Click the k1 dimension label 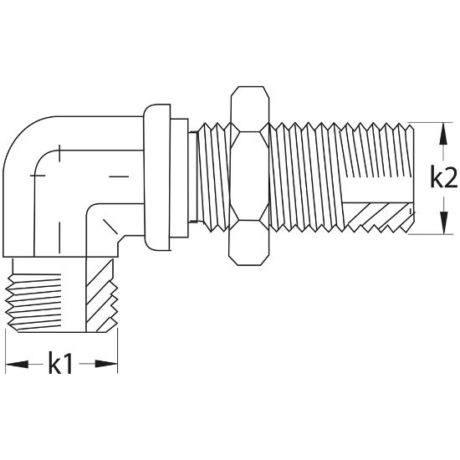[60, 363]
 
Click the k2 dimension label [443, 176]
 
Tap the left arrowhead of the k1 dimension [17, 364]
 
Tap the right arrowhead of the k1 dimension [106, 364]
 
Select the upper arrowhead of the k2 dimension [443, 134]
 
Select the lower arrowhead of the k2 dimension [444, 222]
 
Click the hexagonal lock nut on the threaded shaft [249, 176]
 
